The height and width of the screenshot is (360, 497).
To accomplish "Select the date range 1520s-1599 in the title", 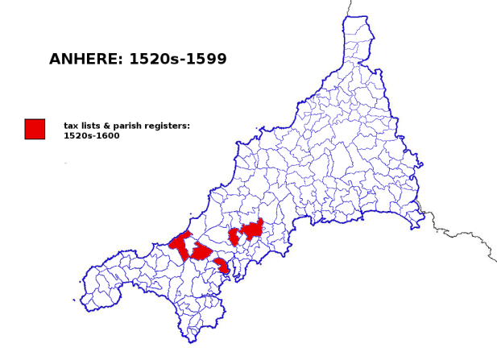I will [x=178, y=59].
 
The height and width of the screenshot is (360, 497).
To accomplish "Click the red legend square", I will [x=35, y=129].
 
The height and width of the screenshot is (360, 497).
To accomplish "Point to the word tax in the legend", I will [x=71, y=126].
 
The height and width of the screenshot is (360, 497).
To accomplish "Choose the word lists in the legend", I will [x=91, y=126].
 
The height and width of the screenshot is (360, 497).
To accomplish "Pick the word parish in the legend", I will [x=129, y=126].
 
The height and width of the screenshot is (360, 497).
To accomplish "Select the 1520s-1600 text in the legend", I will [x=92, y=135].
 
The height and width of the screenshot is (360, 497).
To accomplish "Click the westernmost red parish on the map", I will [x=180, y=245].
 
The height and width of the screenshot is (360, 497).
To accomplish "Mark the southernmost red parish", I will [x=222, y=266].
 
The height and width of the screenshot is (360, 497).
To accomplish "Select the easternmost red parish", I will [x=252, y=230].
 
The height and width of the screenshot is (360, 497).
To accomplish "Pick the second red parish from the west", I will [x=201, y=251].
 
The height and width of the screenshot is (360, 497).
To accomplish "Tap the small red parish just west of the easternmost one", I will [x=234, y=237].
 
